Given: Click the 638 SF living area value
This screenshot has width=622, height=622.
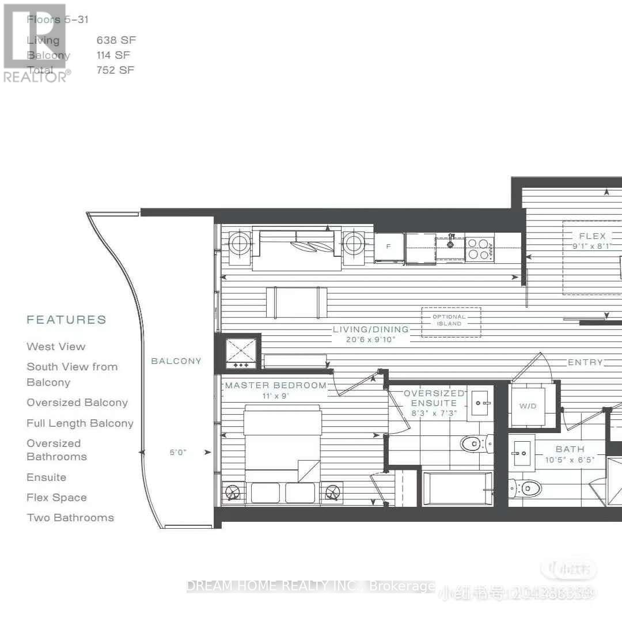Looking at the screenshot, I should (116, 40).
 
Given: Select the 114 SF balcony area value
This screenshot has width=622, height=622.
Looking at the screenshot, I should (114, 55).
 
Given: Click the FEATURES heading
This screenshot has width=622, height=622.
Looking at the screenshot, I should (67, 320).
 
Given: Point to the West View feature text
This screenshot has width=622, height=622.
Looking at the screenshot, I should (56, 347).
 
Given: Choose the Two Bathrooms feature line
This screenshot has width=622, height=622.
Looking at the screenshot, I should (70, 518).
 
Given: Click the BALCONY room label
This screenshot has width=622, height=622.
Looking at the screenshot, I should (176, 361).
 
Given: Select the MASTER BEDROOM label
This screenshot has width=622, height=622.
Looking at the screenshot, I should (276, 385).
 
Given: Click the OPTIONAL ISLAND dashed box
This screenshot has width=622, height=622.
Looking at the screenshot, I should (450, 322).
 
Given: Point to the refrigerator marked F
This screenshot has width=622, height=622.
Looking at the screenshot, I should (389, 247).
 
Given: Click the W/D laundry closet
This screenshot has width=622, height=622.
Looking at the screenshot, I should (528, 406).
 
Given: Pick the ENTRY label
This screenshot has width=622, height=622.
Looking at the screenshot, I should (585, 362).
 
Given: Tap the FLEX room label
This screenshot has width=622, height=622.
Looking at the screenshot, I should (592, 236).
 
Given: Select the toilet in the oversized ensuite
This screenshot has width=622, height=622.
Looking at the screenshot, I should (476, 443).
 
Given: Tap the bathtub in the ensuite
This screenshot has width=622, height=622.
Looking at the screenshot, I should (458, 490).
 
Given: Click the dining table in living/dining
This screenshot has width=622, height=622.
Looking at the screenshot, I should (297, 302).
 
